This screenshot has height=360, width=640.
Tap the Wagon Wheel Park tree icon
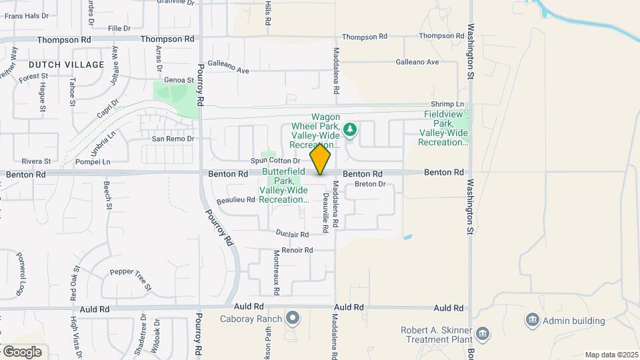point(350,129)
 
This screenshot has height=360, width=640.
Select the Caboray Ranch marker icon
point(293,317)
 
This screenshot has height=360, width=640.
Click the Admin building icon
point(532,320)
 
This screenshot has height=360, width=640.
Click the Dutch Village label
point(67,65)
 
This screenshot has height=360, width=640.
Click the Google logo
point(22,351)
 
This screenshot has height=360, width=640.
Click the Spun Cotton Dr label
point(276,161)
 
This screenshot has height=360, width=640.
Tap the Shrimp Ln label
point(447,104)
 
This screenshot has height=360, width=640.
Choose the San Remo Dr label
point(172,139)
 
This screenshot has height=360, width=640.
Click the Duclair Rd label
point(292,235)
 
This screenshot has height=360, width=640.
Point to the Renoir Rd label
point(297,251)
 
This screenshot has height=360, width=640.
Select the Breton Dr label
point(371,184)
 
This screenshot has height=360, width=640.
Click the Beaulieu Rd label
point(236,199)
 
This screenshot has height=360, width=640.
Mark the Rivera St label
point(36,161)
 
